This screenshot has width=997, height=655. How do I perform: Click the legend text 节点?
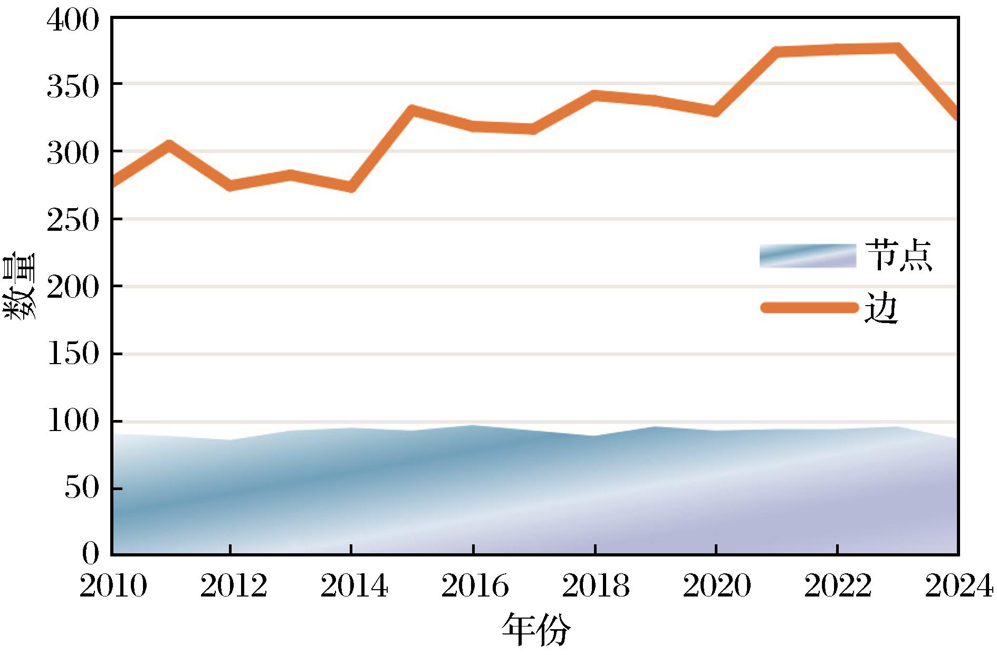(898, 256)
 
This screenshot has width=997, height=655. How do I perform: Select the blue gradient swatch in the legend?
(808, 256)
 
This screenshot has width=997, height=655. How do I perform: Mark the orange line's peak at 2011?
(169, 144)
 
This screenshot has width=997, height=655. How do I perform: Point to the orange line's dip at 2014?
(351, 188)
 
